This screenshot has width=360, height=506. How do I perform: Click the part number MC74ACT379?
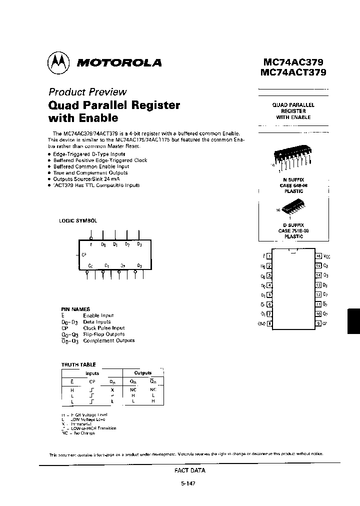(x=293, y=72)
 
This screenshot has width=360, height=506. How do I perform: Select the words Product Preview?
(x=87, y=92)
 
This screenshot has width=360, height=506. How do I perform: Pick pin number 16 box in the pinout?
(x=318, y=255)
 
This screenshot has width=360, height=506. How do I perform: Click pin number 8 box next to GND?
(x=270, y=323)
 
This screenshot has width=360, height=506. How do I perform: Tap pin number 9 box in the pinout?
(x=318, y=323)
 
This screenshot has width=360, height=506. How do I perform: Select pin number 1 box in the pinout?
(x=270, y=255)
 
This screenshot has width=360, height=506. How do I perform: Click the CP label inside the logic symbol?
(x=84, y=254)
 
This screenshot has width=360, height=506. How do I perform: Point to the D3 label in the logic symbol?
(x=139, y=244)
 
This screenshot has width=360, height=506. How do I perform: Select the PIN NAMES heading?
(x=75, y=309)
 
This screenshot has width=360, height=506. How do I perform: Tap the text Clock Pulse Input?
(x=104, y=328)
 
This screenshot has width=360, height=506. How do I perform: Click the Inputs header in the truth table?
(x=92, y=373)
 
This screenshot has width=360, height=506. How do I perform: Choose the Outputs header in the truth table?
(x=143, y=373)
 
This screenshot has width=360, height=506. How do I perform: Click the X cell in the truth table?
(x=112, y=389)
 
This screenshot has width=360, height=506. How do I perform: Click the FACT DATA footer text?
(x=189, y=470)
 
